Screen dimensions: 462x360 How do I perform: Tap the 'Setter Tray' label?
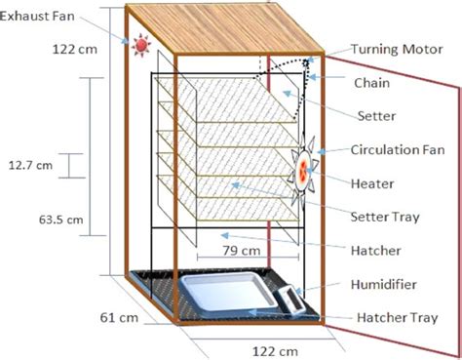(389, 216)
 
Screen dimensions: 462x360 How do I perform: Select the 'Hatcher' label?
(375, 250)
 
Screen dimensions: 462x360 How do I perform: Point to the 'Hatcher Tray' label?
(394, 317)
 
